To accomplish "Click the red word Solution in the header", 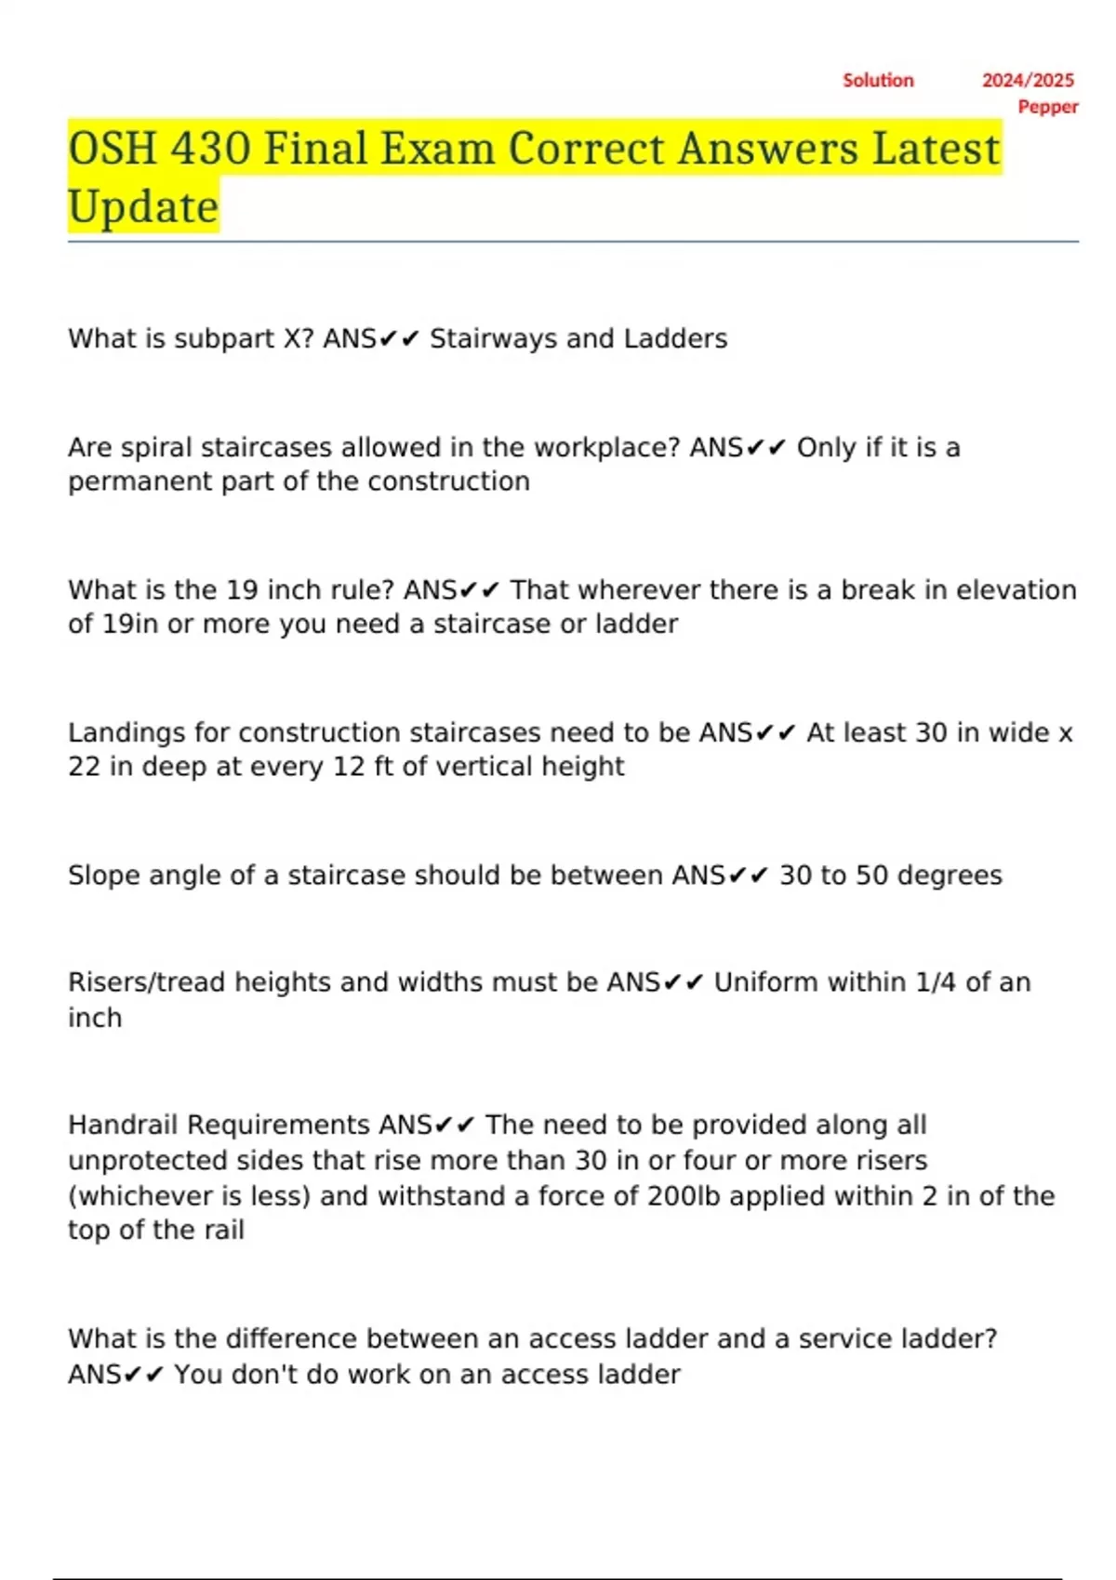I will (x=878, y=80).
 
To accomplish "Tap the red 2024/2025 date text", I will (x=1028, y=80).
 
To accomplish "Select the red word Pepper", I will (x=1048, y=106).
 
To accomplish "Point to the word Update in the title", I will (x=143, y=206).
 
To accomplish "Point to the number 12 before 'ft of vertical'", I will (x=365, y=767).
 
